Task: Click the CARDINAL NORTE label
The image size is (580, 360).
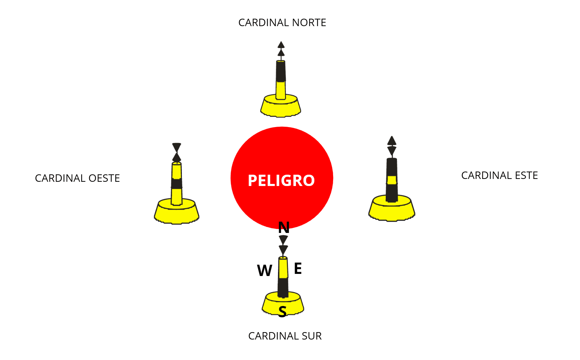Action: tap(282, 23)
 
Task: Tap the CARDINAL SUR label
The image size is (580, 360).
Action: tap(285, 336)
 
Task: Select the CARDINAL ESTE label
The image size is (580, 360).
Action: tap(499, 175)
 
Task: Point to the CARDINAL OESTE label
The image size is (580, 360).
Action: tap(77, 178)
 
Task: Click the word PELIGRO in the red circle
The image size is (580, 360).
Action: tap(281, 181)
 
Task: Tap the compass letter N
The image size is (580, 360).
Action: tap(284, 228)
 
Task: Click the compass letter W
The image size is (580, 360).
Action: tap(265, 271)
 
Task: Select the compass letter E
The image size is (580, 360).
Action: tap(298, 269)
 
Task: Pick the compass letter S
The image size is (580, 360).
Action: tap(282, 312)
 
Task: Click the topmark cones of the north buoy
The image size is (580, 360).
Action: tap(281, 49)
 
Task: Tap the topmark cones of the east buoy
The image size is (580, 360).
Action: tap(391, 146)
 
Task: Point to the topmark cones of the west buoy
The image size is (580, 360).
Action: tap(177, 152)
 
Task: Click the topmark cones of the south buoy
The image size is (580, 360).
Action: tap(283, 245)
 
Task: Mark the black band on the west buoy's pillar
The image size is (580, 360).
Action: tap(177, 184)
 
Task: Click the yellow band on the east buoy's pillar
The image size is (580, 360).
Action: tap(391, 180)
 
